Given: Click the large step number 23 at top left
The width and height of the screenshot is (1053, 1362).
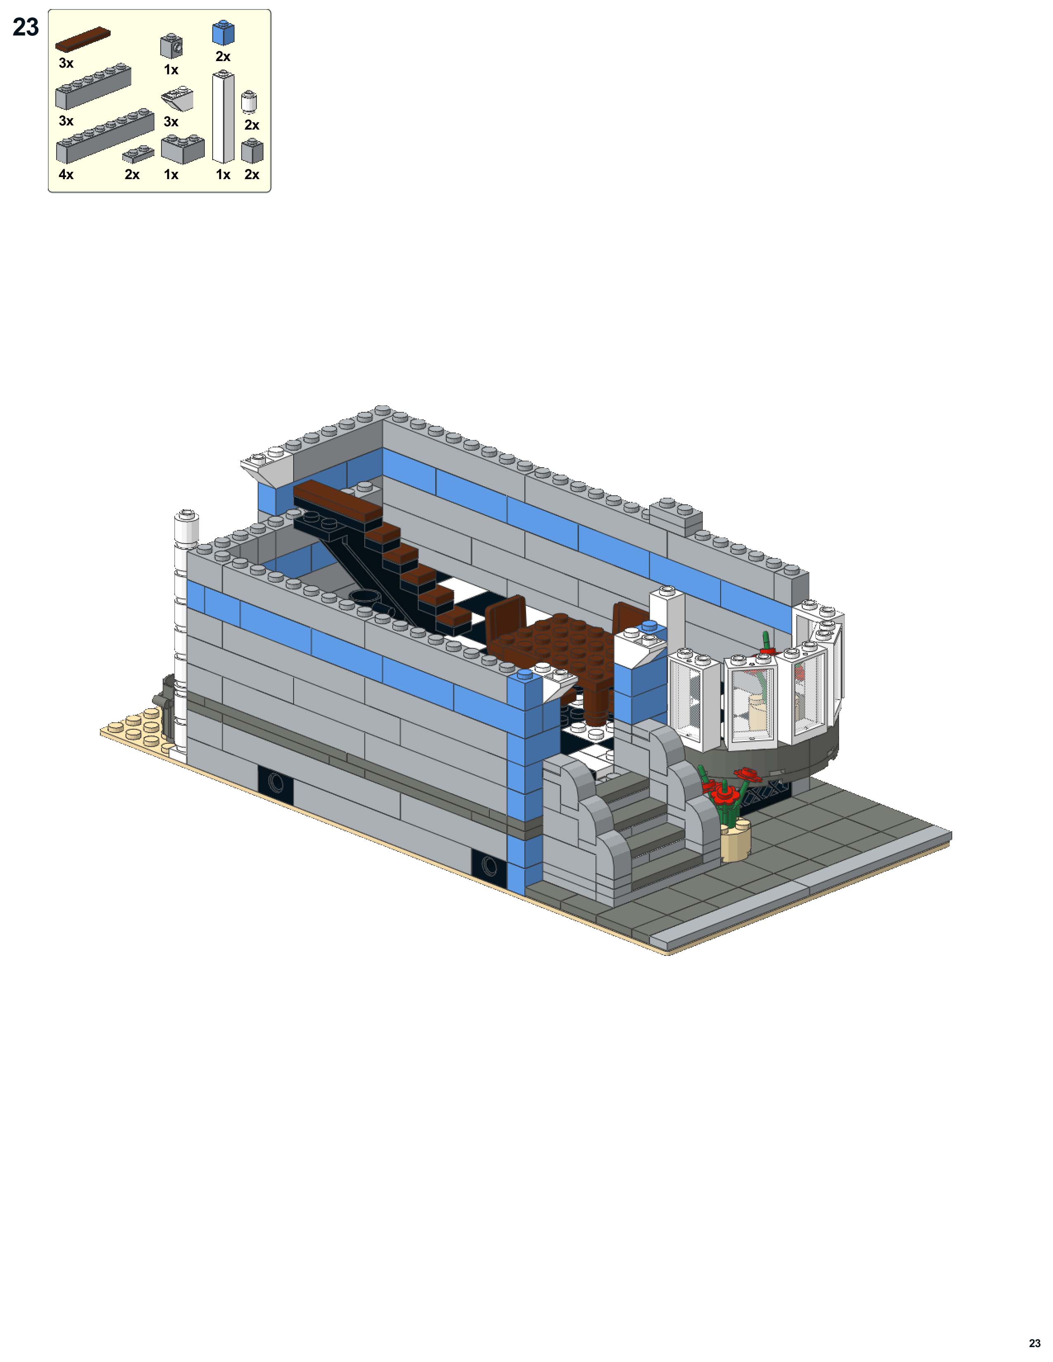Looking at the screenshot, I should (x=26, y=27).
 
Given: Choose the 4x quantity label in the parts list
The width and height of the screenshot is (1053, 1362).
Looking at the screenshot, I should (x=66, y=175).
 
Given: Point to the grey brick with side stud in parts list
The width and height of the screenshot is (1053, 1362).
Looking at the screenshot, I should (x=171, y=46).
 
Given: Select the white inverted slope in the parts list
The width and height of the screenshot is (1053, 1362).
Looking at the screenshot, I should (x=178, y=99).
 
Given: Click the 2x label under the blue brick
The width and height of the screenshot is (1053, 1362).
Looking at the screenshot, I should (x=223, y=57).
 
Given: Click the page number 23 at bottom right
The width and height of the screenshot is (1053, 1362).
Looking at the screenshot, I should (x=1034, y=1343).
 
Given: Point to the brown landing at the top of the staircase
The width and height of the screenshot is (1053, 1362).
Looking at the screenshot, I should (x=337, y=502).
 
